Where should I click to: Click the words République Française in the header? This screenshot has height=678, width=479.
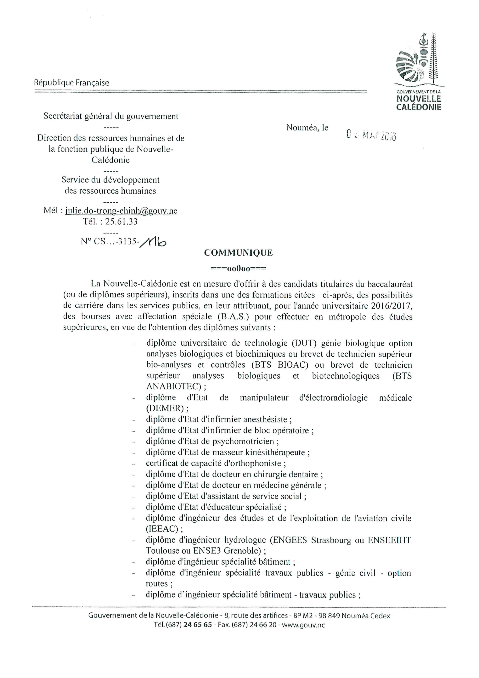tap(72, 83)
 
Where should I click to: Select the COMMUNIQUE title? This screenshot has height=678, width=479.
tap(239, 253)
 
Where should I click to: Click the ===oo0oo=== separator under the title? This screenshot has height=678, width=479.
tap(239, 269)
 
